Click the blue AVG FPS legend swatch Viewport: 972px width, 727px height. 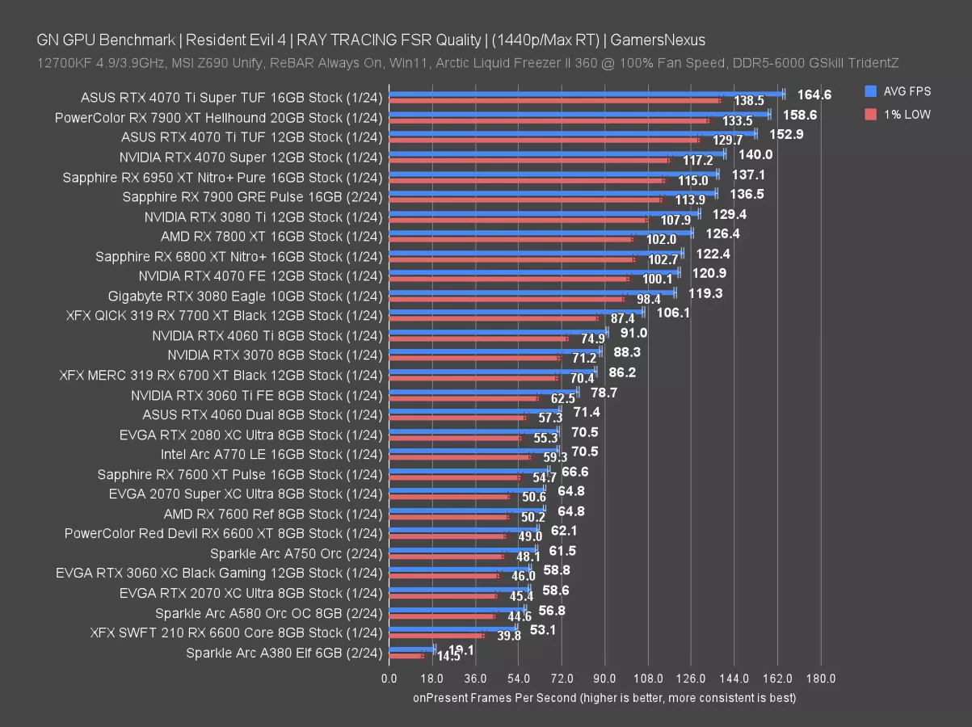869,91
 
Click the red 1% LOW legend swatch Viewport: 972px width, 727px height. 869,114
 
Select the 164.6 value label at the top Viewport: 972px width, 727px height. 814,95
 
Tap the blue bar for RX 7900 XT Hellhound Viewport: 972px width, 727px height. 579,115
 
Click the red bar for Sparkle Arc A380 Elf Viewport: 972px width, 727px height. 406,655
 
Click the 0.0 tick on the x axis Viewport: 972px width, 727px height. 389,679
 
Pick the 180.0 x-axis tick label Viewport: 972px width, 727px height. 821,679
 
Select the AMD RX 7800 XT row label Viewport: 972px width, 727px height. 271,236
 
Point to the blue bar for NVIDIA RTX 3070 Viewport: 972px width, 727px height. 494,351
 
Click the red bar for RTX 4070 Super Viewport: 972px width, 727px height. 528,160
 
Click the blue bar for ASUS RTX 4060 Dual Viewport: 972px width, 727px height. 474,411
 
